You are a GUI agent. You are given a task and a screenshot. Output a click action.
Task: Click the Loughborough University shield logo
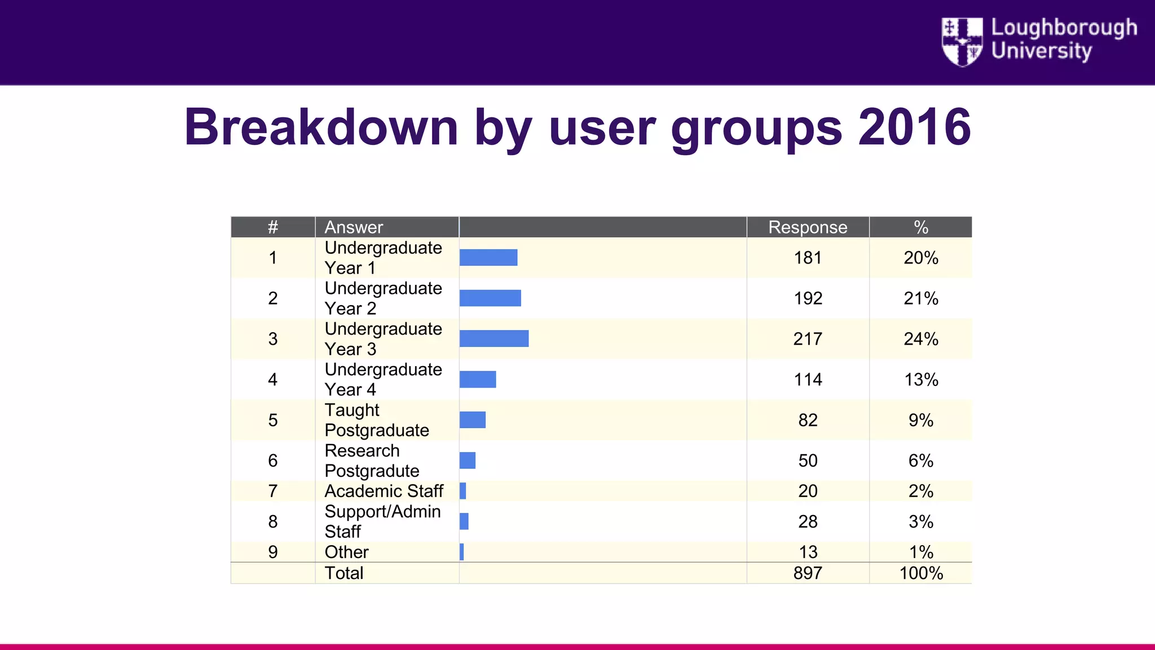point(962,42)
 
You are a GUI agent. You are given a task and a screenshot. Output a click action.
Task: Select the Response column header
point(808,227)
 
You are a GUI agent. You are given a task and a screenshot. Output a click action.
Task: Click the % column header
point(920,227)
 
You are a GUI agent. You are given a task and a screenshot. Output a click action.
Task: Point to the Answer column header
point(354,227)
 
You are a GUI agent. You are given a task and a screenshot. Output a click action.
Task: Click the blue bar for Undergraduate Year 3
point(494,339)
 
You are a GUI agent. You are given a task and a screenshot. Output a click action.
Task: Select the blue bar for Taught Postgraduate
point(473,420)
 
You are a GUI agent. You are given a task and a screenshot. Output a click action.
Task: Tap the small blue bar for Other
point(462,552)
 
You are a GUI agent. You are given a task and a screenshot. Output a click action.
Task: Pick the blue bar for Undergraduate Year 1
point(488,257)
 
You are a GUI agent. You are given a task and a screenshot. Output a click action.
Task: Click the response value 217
point(808,339)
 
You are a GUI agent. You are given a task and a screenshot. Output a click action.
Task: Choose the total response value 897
point(808,573)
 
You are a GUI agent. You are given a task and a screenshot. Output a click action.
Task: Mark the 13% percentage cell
point(921,380)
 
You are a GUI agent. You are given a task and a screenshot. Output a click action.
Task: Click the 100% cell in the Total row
point(921,573)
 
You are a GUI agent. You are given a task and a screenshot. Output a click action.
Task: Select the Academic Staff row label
point(384,491)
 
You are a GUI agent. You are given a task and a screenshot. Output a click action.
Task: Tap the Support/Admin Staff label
point(382,521)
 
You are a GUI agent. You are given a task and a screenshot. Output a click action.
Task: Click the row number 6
point(273,461)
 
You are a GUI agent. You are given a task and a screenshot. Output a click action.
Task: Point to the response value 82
point(808,420)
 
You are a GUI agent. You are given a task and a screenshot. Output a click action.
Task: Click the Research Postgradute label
point(372,460)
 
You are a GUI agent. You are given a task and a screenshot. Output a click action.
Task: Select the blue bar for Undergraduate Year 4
point(478,379)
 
